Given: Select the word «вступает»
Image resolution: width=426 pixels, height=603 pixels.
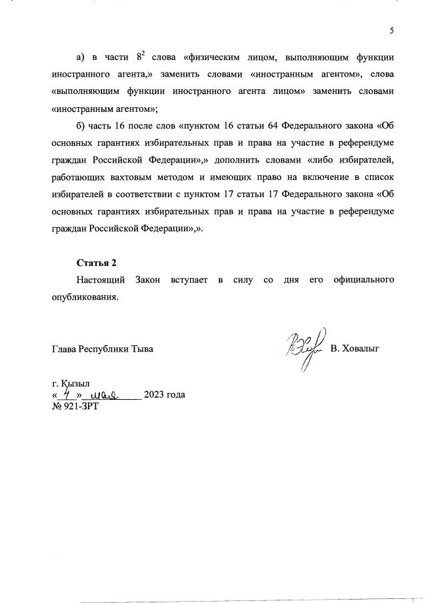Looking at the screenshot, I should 187,280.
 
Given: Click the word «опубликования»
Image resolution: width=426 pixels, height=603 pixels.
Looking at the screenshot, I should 85,297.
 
